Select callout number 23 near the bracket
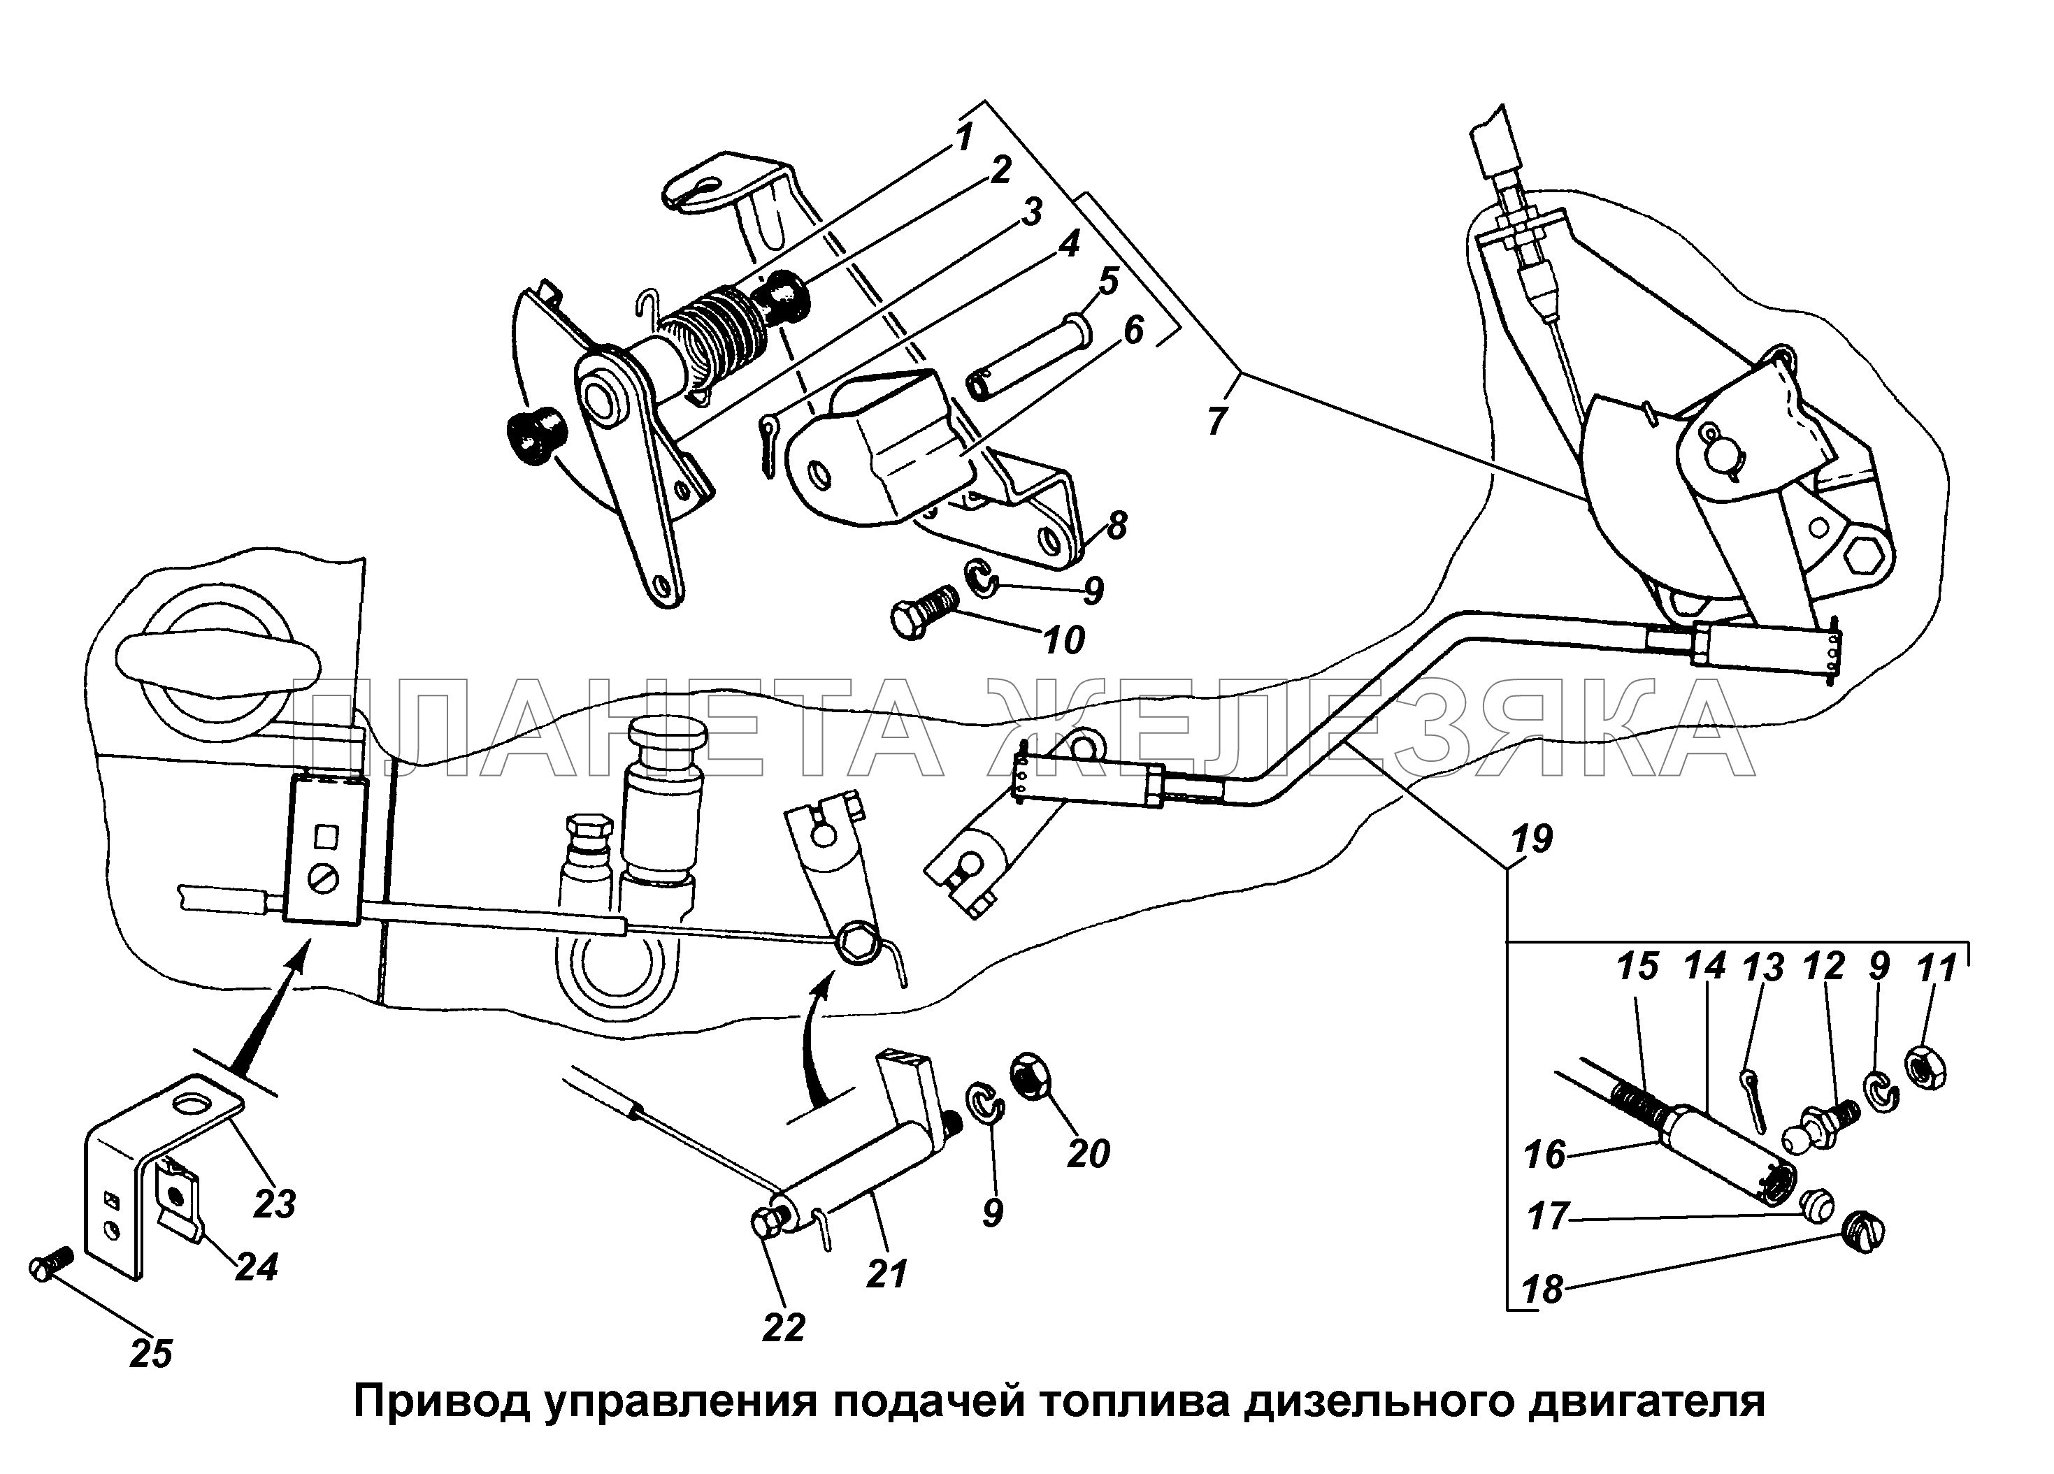275,1204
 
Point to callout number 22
784,1327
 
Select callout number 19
1530,839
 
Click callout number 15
1637,967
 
